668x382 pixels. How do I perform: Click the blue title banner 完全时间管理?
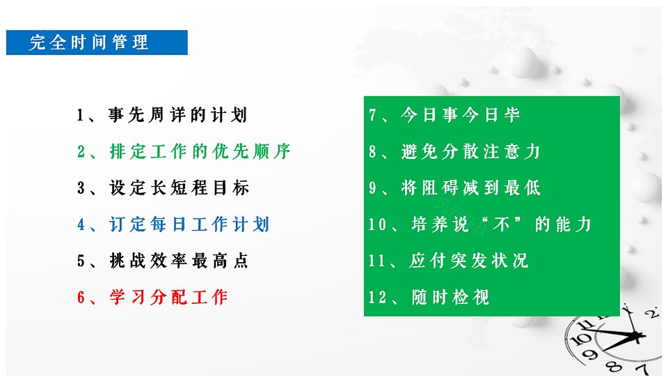(x=97, y=43)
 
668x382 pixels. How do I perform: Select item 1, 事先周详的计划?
(x=162, y=115)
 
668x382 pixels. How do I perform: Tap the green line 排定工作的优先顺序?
(x=184, y=151)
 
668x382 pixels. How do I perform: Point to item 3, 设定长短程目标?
(x=163, y=188)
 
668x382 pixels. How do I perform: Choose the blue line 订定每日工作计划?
(x=173, y=224)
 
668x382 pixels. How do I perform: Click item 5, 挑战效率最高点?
(x=163, y=261)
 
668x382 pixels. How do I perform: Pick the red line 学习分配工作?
(x=152, y=297)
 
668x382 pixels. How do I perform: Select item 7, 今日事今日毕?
(x=445, y=115)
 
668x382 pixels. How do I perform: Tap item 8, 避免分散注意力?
(x=454, y=151)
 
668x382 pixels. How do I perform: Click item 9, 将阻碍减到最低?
(x=454, y=188)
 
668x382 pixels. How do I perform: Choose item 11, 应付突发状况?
(x=448, y=261)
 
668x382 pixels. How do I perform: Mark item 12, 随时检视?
(x=429, y=297)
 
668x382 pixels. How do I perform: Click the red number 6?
(x=81, y=298)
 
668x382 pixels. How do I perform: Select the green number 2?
(x=81, y=152)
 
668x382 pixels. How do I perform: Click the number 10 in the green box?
(x=377, y=224)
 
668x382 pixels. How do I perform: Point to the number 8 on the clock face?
(x=614, y=366)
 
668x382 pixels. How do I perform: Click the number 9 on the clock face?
(x=590, y=354)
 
